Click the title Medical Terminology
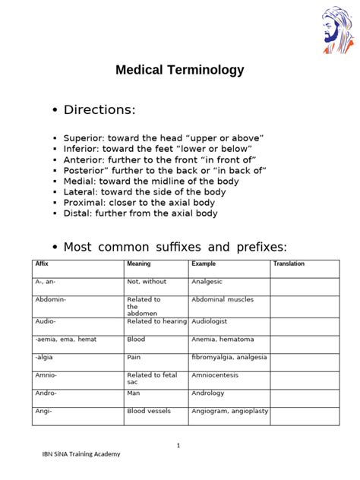(180, 70)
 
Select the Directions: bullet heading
(99, 110)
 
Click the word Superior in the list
(84, 137)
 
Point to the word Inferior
(83, 149)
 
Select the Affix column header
(42, 264)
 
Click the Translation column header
(289, 264)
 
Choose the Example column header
(204, 264)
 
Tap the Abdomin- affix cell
(51, 300)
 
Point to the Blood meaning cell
(136, 339)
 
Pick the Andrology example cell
(208, 393)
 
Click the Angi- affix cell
(44, 412)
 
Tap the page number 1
(178, 446)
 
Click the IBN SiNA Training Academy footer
(81, 454)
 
